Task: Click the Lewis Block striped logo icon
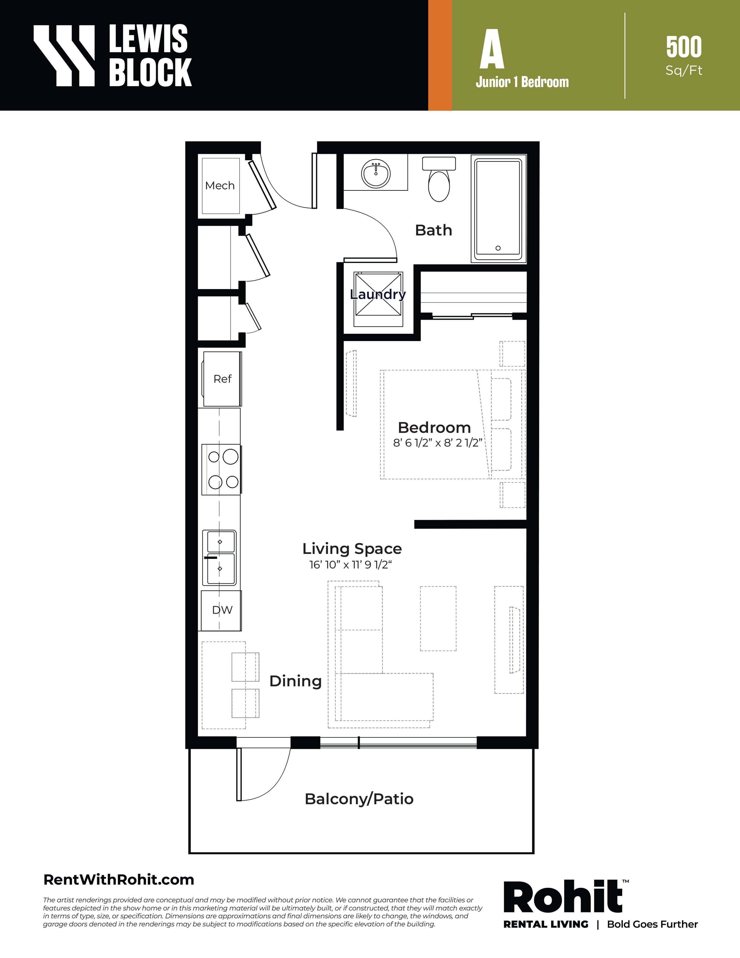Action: (x=64, y=55)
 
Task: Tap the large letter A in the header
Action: (x=492, y=49)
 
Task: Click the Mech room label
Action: (x=220, y=186)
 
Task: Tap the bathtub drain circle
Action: (x=498, y=248)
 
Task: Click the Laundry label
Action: (x=378, y=294)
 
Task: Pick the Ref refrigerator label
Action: (x=222, y=378)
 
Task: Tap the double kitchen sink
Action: (x=219, y=558)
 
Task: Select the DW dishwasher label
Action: (x=222, y=610)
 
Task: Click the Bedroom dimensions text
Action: (x=437, y=443)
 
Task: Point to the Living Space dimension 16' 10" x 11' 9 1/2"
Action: (x=350, y=564)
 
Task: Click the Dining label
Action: (x=295, y=681)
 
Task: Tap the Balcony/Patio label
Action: (x=359, y=799)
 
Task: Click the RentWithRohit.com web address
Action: (x=119, y=880)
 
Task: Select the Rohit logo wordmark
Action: (x=563, y=897)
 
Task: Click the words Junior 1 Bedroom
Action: (x=522, y=82)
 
